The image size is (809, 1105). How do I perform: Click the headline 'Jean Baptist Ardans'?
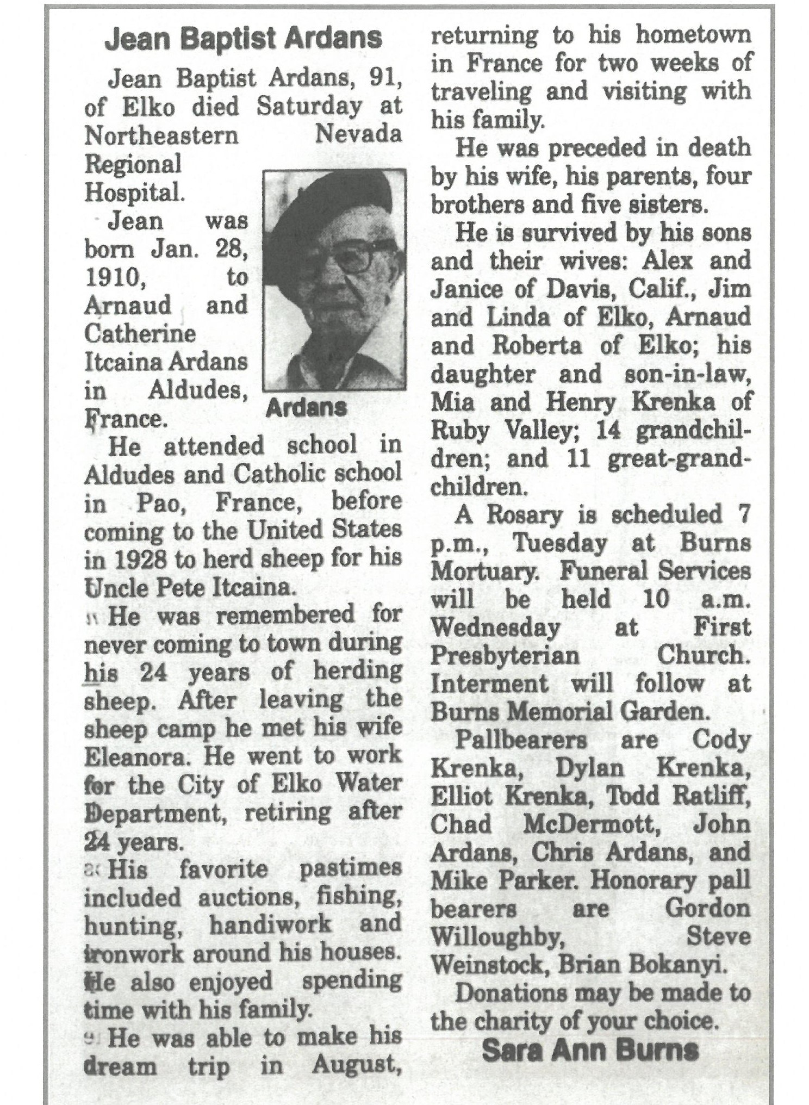[x=243, y=39]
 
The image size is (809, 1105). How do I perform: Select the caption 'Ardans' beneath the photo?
[x=306, y=407]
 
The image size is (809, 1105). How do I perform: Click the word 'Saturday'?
[x=309, y=106]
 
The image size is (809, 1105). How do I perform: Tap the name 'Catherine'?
[x=140, y=333]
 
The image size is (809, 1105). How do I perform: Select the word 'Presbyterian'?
[x=505, y=655]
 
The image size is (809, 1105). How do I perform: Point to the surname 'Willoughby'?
[x=496, y=937]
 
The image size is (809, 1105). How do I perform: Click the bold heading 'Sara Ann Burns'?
[x=590, y=1050]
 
